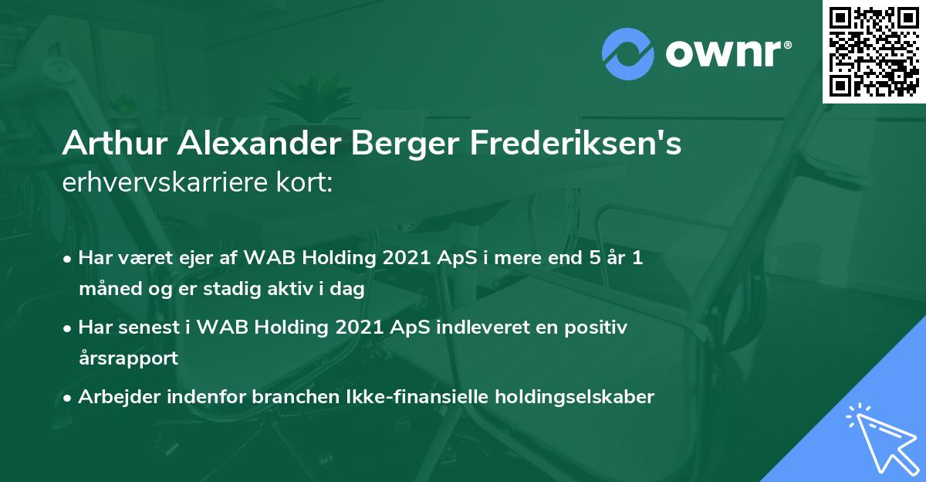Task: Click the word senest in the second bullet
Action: pyautogui.click(x=154, y=328)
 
